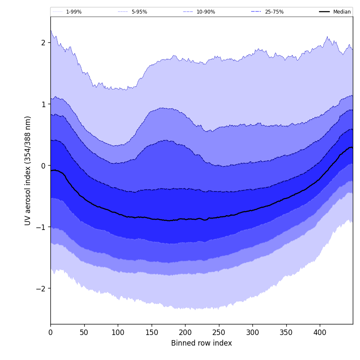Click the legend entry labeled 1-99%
coord(73,12)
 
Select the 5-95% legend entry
coord(139,12)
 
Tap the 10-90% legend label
coord(205,12)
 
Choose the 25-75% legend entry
coord(274,12)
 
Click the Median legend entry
coord(342,12)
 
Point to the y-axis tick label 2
coord(43,42)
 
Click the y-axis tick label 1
coord(43,104)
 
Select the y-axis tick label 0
coord(43,166)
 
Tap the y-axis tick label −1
coord(41,227)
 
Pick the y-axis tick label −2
coord(41,288)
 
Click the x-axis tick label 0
coord(50,332)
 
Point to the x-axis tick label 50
coord(84,332)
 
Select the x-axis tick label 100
coord(118,332)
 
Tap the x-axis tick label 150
coord(152,332)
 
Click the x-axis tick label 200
coord(185,332)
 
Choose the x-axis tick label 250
coord(219,332)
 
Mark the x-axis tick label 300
coord(252,332)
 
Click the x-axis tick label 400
coord(320,332)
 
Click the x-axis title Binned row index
coord(202,343)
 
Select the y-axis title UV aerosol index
coord(28,170)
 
